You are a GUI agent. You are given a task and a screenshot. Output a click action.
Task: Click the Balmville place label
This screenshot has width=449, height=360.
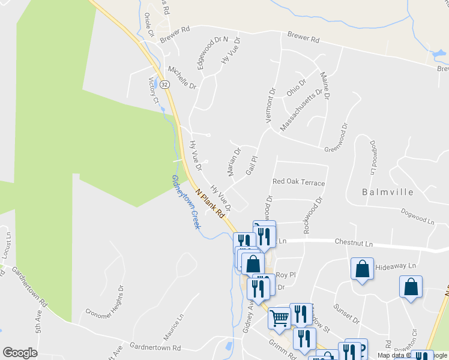388,193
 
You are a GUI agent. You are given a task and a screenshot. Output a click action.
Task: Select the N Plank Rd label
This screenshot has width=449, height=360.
213,202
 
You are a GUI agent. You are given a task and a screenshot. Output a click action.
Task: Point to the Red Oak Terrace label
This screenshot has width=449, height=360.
298,182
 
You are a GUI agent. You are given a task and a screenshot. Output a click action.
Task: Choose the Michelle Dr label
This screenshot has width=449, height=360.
182,77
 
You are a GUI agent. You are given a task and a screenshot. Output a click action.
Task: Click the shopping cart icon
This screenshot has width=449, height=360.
279,317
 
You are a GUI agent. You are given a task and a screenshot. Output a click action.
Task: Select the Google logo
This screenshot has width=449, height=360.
20,353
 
